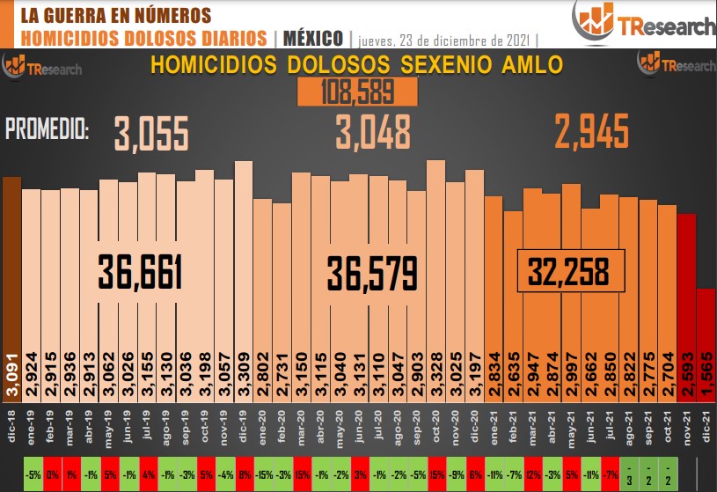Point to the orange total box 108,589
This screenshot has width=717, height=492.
345,92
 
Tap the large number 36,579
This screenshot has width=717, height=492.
371,273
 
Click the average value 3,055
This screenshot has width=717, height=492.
151,134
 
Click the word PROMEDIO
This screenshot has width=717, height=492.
47,132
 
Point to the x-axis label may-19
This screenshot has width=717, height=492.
108,422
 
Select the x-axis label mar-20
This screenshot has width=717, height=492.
301,422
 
